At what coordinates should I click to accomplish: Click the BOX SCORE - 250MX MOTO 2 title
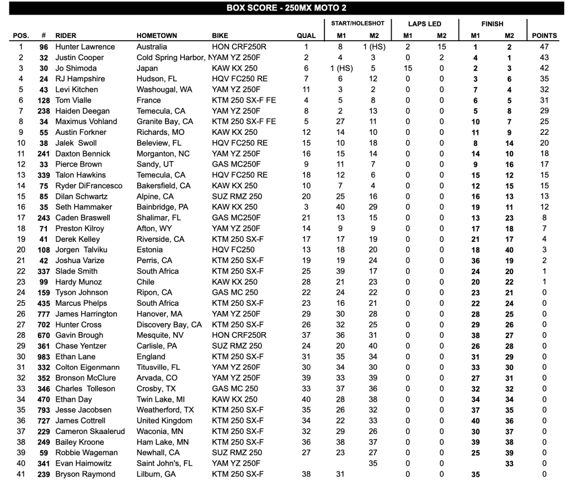(x=285, y=8)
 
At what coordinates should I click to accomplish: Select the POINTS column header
(x=544, y=36)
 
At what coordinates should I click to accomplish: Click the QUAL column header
(x=306, y=36)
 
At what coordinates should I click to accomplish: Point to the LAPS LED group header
(x=424, y=24)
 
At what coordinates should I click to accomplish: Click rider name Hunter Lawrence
(x=85, y=47)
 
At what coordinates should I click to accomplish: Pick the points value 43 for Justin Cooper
(x=544, y=57)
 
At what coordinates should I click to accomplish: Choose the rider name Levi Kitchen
(x=76, y=89)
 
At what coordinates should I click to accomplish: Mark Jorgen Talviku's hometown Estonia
(x=150, y=250)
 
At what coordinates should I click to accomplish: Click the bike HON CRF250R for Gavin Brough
(x=239, y=335)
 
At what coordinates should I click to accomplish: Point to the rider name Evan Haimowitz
(x=83, y=463)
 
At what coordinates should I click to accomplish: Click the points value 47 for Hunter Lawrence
(x=544, y=47)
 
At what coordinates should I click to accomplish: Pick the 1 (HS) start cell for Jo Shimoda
(x=340, y=68)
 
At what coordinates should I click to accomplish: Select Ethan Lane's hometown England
(x=151, y=357)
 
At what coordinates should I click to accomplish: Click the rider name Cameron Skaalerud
(x=90, y=431)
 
